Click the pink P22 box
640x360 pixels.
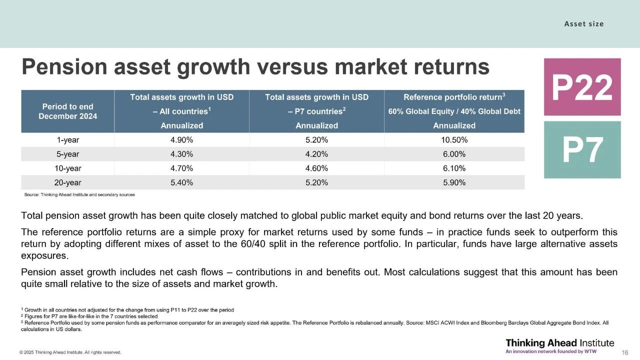tap(582, 87)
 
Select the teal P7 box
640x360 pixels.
tap(582, 150)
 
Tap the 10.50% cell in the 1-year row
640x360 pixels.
tap(454, 140)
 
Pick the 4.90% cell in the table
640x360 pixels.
tap(181, 140)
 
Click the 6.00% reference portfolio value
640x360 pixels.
tap(454, 154)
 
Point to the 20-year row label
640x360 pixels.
tap(67, 182)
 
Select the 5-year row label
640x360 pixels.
tap(67, 154)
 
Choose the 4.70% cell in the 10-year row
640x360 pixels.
tap(181, 168)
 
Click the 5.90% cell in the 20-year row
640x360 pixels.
tap(454, 182)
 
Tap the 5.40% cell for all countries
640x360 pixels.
tap(181, 182)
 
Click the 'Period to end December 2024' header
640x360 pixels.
tap(67, 111)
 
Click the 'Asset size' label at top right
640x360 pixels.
tap(583, 23)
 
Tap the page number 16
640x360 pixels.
tap(624, 352)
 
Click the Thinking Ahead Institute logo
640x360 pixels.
tap(559, 345)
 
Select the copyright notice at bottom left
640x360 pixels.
tap(70, 352)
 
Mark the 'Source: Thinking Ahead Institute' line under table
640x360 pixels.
tap(79, 194)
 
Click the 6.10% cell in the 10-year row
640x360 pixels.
tap(454, 168)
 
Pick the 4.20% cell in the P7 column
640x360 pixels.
tap(316, 154)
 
